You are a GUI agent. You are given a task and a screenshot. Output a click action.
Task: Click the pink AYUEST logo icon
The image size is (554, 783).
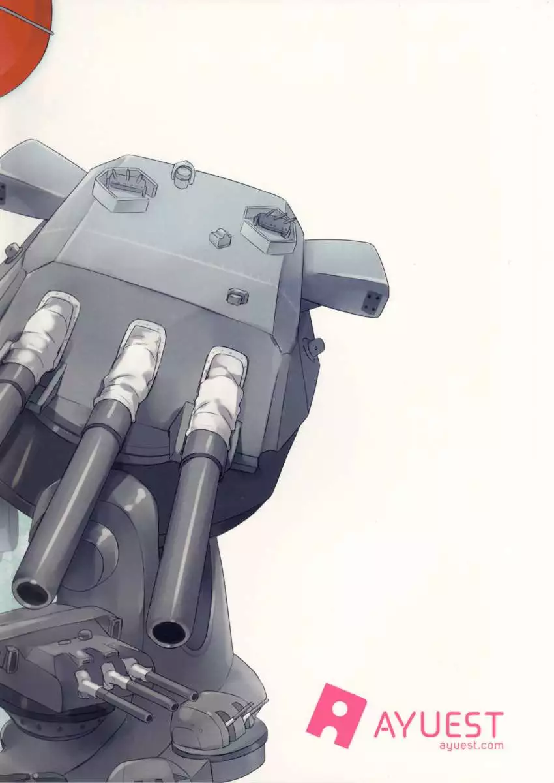point(335,715)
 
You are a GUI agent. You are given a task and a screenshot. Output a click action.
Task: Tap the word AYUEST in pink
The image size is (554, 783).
point(438,724)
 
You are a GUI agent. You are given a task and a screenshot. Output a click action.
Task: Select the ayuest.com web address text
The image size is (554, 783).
point(471,746)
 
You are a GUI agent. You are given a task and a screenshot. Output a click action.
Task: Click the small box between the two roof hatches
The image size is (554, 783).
point(220,237)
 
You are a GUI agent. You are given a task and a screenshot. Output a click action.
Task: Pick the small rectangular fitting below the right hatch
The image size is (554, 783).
point(237,297)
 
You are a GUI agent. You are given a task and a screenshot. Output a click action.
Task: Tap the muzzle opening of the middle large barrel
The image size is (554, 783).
point(32,591)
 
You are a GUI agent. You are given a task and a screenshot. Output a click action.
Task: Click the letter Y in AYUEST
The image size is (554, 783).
point(405,724)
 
